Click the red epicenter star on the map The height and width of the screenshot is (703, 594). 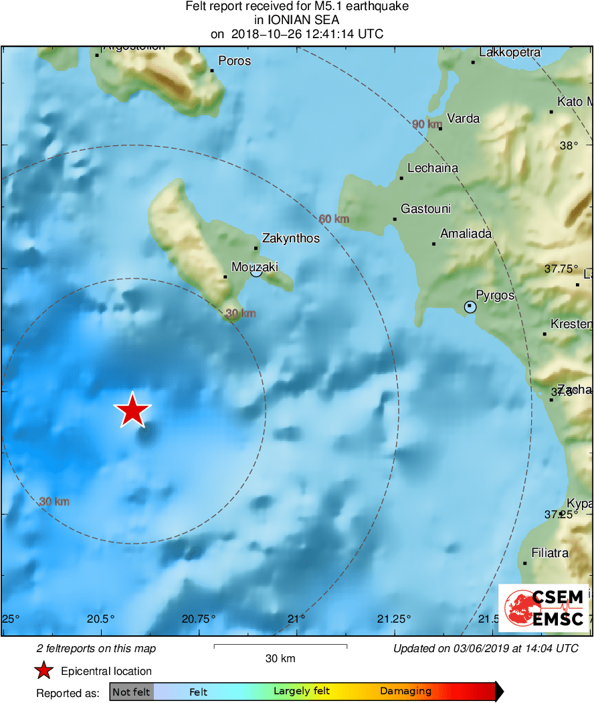click(133, 410)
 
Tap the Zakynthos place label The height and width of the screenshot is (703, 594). click(290, 238)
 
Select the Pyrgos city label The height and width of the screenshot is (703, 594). click(495, 295)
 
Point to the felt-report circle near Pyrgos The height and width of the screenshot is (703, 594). click(470, 307)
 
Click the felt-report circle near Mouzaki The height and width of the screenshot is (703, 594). click(256, 271)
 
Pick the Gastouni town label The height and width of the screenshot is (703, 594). click(425, 209)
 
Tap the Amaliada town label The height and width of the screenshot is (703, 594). click(466, 234)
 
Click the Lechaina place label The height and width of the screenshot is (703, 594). click(433, 168)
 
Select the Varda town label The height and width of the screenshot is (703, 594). click(463, 119)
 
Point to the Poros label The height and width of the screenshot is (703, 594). click(234, 61)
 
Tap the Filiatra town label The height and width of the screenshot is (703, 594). click(550, 553)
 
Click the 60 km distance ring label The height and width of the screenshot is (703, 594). click(334, 219)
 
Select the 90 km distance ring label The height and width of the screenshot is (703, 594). click(427, 125)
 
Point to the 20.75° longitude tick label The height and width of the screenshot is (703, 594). click(199, 618)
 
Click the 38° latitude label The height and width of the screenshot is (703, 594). click(569, 145)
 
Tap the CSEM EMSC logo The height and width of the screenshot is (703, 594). click(544, 608)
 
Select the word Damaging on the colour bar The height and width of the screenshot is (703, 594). click(405, 692)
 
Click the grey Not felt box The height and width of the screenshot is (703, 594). click(131, 692)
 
